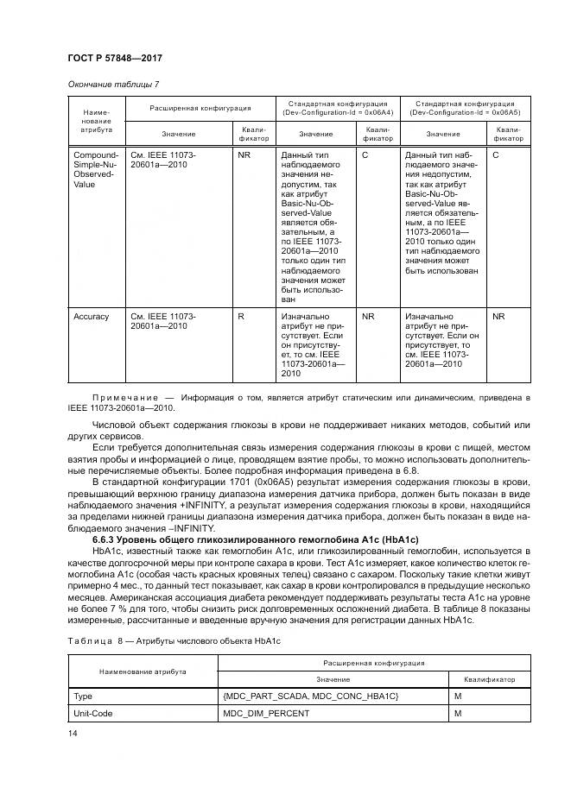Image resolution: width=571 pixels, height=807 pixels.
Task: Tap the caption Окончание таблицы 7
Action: (112, 84)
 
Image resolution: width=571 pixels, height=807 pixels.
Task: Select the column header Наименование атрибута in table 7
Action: (96, 121)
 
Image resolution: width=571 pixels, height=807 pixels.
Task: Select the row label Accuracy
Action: (92, 317)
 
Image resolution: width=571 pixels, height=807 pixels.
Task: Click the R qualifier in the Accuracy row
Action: (241, 317)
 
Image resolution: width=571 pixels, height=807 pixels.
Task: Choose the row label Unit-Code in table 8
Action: (93, 714)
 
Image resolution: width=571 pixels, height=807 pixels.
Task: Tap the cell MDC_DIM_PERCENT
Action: (264, 714)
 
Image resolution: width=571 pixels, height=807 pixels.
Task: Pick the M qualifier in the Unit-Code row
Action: (457, 714)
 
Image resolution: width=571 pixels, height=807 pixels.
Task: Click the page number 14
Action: (73, 734)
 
